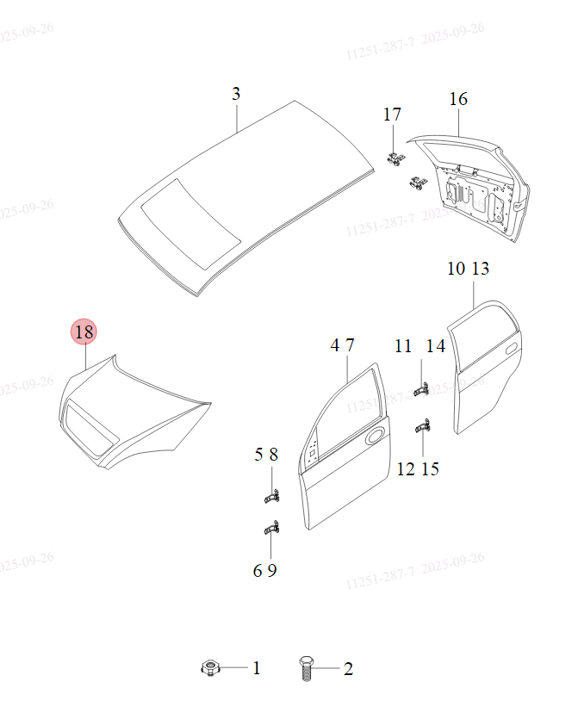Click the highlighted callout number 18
pos(84,332)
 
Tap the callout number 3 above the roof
pos(236,94)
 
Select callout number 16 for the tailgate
pos(458,99)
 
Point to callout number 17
pos(392,115)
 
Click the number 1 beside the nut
pos(256,667)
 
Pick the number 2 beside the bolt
pos(348,668)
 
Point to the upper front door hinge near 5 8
pos(270,497)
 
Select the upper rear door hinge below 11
pos(421,389)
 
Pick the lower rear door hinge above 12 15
pos(423,425)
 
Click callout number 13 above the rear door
pos(481,269)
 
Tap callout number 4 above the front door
pos(335,345)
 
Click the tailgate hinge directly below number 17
pos(396,158)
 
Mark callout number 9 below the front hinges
pos(272,570)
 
